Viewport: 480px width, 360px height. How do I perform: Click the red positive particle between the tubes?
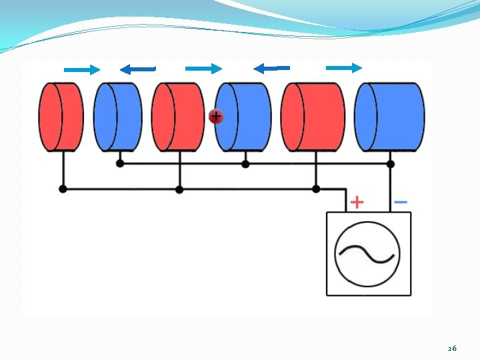[215, 117]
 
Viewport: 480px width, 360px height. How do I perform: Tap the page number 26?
[452, 348]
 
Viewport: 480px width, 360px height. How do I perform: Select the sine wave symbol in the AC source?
[367, 254]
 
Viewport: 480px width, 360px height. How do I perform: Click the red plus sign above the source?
[357, 201]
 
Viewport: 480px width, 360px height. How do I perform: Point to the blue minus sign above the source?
[401, 201]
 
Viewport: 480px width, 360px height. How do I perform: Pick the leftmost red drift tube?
[61, 117]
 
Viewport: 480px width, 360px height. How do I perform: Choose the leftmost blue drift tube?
[117, 117]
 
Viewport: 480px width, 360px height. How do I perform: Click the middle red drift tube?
[178, 117]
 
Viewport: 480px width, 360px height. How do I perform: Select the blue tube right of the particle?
[243, 117]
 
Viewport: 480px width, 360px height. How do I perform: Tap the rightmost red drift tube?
[313, 117]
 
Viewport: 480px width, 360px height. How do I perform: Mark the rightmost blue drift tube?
[390, 117]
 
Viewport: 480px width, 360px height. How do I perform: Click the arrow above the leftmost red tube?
[82, 69]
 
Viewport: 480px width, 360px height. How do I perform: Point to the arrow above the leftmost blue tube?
[137, 69]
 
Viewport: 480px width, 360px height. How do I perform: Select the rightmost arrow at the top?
[344, 67]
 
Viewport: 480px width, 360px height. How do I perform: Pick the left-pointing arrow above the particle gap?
[271, 68]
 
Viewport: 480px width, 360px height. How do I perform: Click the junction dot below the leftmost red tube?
[63, 189]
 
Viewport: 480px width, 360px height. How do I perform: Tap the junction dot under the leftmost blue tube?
[120, 163]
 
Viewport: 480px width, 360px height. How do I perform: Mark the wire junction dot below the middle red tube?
[179, 189]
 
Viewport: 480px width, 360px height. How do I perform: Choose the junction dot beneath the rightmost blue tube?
[391, 163]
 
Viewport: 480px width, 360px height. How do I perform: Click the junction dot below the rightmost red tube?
[316, 189]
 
